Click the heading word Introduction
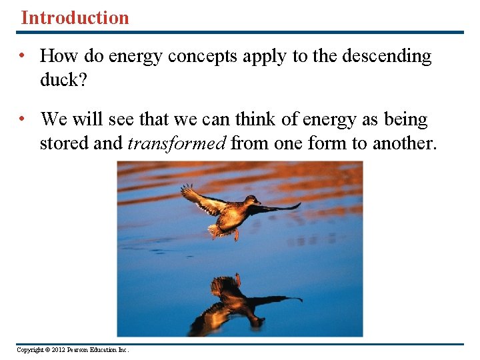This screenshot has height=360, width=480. (75, 17)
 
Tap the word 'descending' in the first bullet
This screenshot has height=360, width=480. (387, 57)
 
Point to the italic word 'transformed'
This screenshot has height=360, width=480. (177, 143)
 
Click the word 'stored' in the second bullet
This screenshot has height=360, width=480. (64, 143)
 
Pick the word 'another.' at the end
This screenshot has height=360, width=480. (405, 143)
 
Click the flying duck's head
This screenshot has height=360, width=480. (253, 201)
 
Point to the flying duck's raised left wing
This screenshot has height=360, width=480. (200, 198)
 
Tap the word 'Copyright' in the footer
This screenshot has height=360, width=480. (29, 350)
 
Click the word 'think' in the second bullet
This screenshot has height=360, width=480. (267, 120)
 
